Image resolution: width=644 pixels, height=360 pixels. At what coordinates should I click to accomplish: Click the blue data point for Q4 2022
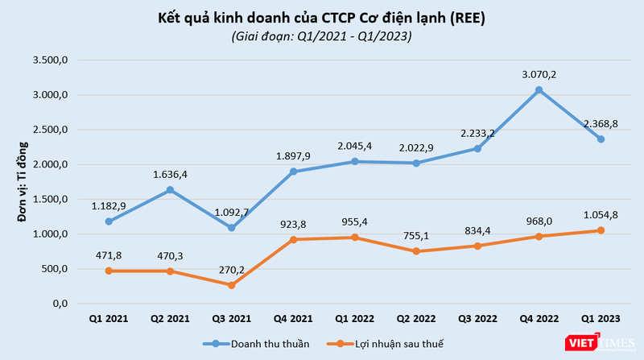click(539, 90)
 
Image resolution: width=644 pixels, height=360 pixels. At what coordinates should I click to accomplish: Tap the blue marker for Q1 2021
click(108, 221)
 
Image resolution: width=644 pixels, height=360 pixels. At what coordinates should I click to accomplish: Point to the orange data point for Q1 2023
click(601, 230)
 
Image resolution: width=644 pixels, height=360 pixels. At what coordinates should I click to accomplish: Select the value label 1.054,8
click(601, 215)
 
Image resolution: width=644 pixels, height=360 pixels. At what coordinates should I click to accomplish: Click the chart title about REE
click(322, 17)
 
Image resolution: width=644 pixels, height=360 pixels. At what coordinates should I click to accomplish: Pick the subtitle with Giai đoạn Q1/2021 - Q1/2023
click(322, 36)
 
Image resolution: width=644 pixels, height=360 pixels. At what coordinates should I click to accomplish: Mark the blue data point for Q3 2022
click(477, 148)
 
